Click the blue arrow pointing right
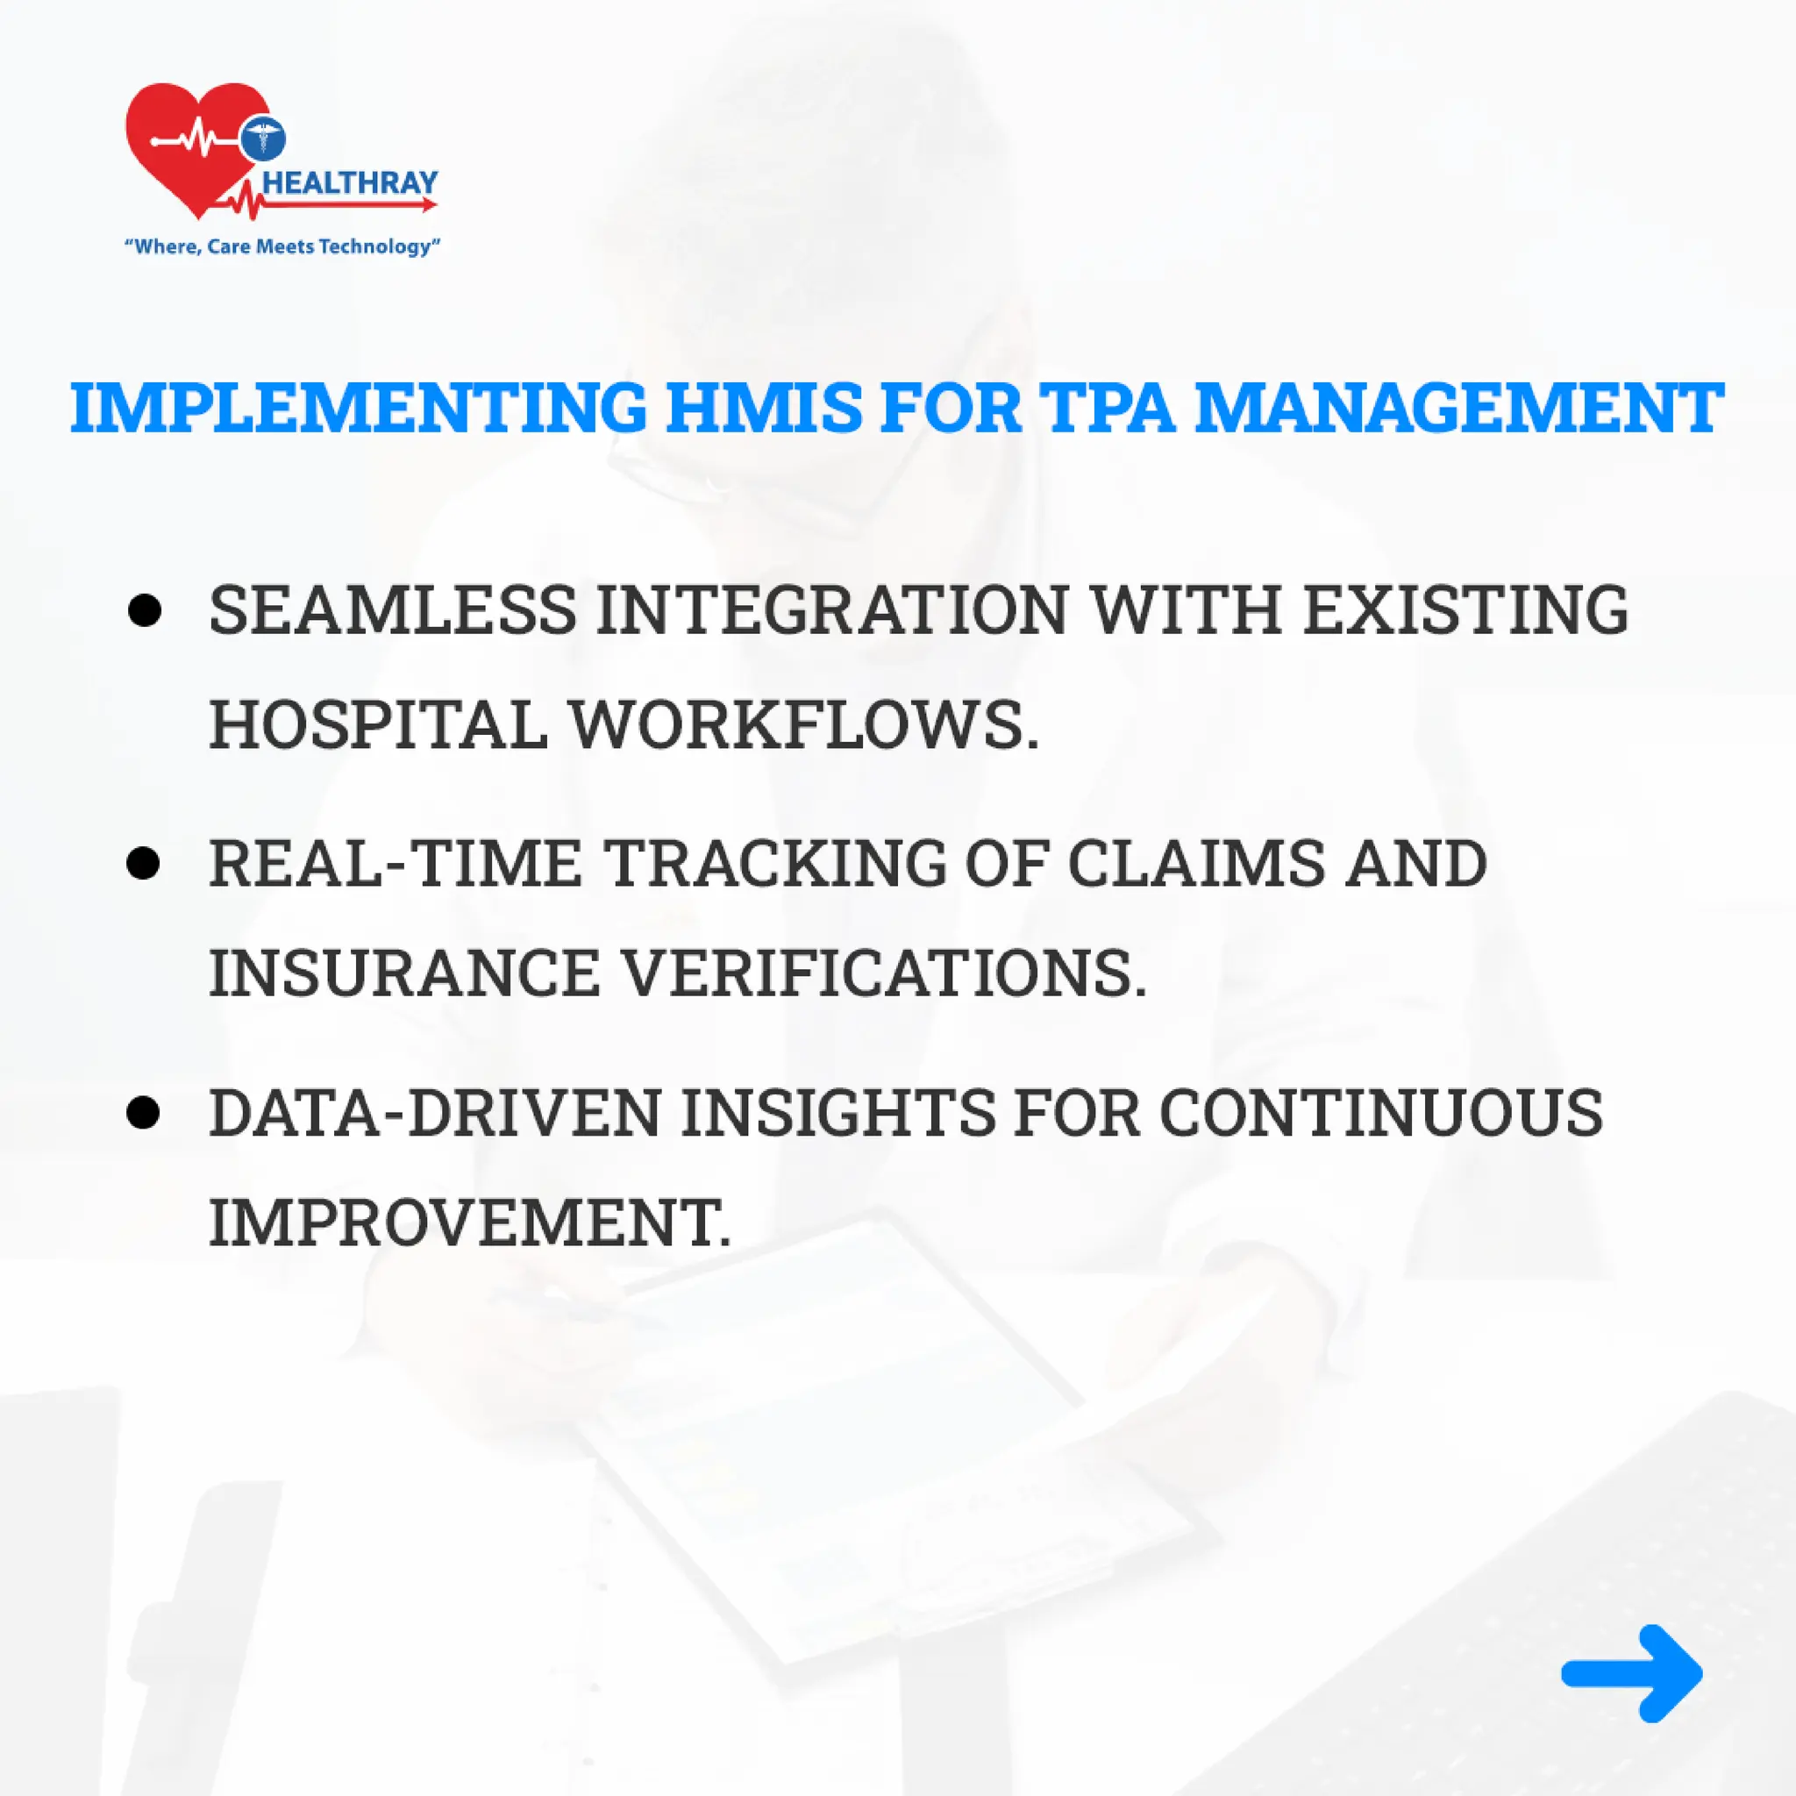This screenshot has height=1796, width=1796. tap(1632, 1673)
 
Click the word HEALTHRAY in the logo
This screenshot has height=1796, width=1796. tap(351, 182)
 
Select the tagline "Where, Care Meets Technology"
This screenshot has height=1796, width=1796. tap(282, 246)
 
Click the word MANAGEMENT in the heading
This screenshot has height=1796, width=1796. tap(1458, 407)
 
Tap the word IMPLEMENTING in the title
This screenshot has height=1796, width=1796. tap(358, 407)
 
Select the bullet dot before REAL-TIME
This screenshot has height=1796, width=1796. tap(144, 864)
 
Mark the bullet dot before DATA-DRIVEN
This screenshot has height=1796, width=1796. tap(144, 1112)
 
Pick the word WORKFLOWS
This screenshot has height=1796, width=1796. tap(804, 725)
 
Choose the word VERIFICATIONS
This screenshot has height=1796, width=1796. tap(883, 973)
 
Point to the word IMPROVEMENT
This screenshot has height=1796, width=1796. tap(470, 1222)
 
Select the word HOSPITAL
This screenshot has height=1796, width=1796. tap(378, 725)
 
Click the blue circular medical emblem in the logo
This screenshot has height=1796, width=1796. tap(263, 138)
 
